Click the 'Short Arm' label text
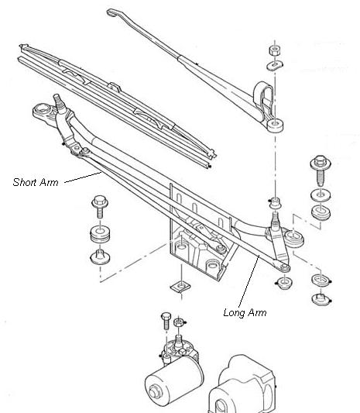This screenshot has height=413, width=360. coord(36,182)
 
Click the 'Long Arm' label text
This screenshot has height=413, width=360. coord(245,312)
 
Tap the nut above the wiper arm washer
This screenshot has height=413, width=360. coord(275,50)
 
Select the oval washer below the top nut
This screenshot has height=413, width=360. coord(275,65)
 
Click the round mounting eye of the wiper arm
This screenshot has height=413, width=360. coord(275,125)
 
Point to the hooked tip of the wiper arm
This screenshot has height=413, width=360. coord(111,12)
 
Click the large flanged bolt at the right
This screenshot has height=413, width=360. coord(321,170)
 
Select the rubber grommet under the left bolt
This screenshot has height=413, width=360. coord(100,235)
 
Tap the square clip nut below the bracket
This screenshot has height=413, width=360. coord(180,286)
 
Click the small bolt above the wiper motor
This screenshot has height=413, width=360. coord(166,321)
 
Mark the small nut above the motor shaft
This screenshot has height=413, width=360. coord(178,322)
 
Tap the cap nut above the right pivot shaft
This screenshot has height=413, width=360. coord(275,203)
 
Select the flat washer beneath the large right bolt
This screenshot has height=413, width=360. coord(321,195)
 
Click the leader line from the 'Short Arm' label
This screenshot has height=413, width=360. coord(83,177)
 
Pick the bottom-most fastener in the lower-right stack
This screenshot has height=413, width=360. coord(321,299)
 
